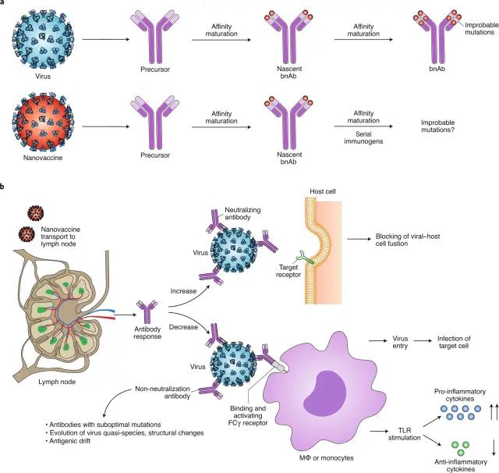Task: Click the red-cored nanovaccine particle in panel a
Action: [x=43, y=123]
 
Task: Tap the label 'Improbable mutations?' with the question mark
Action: [x=438, y=126]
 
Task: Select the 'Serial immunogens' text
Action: [x=363, y=137]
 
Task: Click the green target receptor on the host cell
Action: [x=306, y=258]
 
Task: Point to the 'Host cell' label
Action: [x=323, y=191]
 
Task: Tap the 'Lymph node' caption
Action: [x=57, y=382]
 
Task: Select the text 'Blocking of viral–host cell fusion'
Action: [x=408, y=240]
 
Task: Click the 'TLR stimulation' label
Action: [x=405, y=434]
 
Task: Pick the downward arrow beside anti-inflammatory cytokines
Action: [x=494, y=447]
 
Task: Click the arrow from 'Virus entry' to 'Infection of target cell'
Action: [x=423, y=341]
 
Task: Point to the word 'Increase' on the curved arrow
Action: [x=183, y=291]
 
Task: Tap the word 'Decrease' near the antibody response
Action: [x=183, y=327]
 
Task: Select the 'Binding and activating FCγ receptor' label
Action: [x=248, y=416]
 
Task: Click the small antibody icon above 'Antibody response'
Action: [x=147, y=311]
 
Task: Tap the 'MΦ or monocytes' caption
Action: [x=327, y=457]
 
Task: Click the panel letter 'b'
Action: [x=2, y=187]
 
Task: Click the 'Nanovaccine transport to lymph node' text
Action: [x=61, y=236]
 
